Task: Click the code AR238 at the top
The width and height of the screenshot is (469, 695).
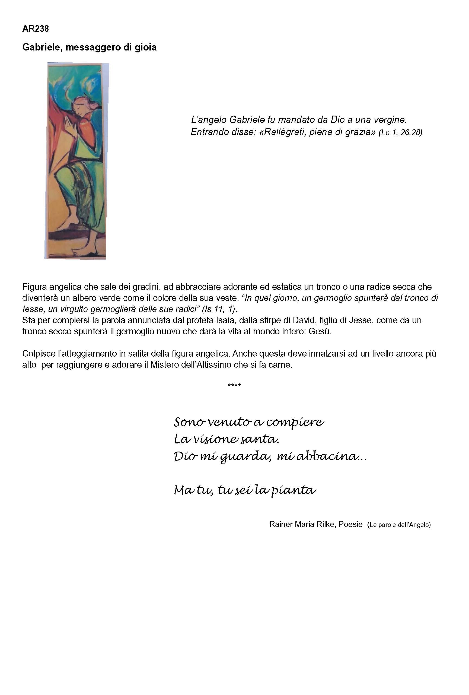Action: (x=35, y=29)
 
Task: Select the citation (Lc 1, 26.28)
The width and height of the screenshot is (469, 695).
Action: (x=400, y=132)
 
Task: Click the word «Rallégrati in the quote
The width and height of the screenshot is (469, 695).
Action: (x=283, y=132)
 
